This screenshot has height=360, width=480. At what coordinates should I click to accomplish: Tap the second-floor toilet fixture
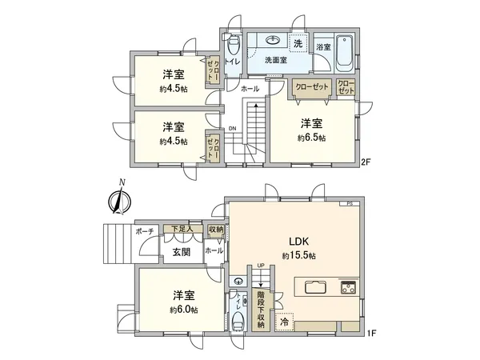pos(231,43)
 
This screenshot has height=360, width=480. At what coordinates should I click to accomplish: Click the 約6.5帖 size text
pos(312,137)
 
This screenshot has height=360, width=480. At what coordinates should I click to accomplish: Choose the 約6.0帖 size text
pos(183,309)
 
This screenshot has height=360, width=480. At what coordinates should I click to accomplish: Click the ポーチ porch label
pos(145,230)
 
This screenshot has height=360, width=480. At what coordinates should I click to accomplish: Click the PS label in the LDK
pos(349,205)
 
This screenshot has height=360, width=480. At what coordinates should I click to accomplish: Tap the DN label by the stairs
pos(232,128)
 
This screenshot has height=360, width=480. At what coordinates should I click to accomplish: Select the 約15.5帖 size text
pos(298,255)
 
